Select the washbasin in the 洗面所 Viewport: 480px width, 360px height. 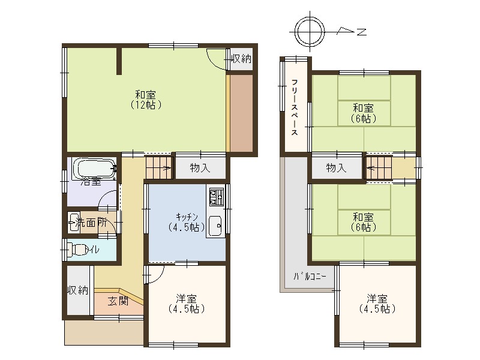coord(74,221)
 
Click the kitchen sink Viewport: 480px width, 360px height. coord(216,226)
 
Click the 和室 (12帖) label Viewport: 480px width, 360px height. coord(145,99)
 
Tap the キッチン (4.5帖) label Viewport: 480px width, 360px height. coord(186,221)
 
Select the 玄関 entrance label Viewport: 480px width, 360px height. coord(118,301)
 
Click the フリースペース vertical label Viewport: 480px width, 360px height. coord(295,107)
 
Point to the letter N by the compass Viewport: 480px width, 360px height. coord(361,32)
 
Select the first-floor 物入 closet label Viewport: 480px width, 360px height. coord(200,168)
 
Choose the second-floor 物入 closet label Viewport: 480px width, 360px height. coord(337,168)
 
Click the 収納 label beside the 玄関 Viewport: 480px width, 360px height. coord(78,290)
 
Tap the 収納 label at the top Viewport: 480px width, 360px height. coord(241,58)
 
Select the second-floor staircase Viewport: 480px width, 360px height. coord(380,167)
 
